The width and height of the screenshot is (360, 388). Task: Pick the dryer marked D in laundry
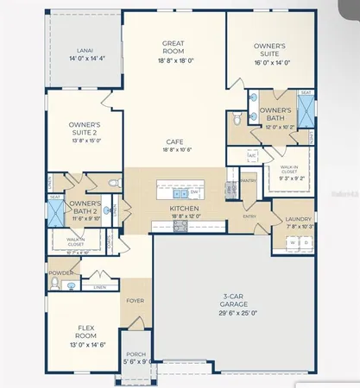coord(306,243)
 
